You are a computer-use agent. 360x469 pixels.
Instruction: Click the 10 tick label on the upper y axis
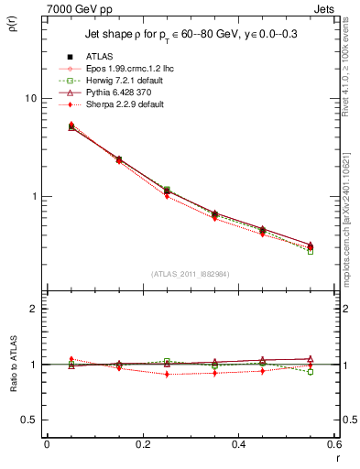(x=29, y=98)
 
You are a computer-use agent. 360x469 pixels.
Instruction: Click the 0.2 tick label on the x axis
(x=142, y=444)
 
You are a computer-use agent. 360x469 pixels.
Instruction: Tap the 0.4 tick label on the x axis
(x=238, y=444)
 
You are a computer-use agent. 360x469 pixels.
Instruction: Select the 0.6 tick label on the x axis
(x=333, y=444)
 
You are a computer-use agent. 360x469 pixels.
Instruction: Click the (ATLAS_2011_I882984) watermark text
(x=190, y=276)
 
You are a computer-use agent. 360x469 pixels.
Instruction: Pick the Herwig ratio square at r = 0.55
(x=311, y=372)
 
